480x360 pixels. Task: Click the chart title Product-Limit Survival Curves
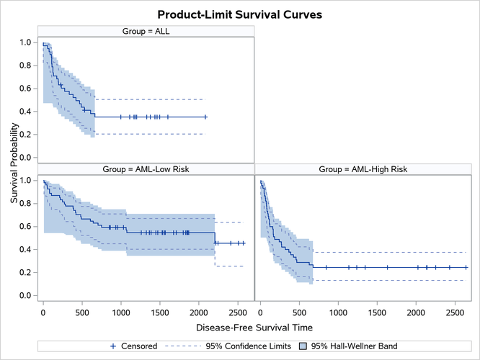(x=240, y=14)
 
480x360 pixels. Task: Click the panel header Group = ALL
(x=146, y=30)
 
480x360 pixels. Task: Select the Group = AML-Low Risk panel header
(x=146, y=169)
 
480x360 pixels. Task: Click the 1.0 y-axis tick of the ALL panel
(x=25, y=42)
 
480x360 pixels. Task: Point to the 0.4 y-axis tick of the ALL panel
(x=25, y=112)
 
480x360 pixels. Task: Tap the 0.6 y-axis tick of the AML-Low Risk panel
(x=25, y=227)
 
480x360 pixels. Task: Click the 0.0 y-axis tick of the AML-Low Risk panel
(x=25, y=296)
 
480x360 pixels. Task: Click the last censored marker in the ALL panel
(x=205, y=117)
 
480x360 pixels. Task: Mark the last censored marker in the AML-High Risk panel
(x=466, y=267)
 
